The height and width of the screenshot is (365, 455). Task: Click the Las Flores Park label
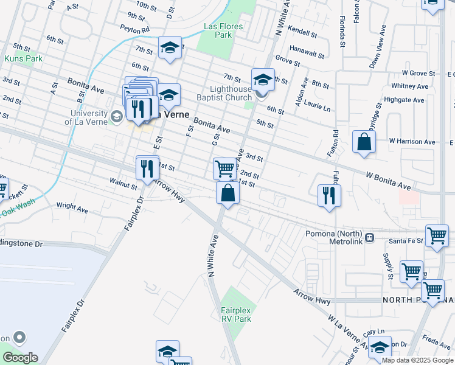pyautogui.click(x=223, y=30)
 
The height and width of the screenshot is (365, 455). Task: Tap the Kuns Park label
pyautogui.click(x=23, y=58)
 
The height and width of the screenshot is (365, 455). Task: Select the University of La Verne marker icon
pyautogui.click(x=116, y=115)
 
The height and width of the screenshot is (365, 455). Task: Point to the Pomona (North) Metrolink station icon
pyautogui.click(x=369, y=235)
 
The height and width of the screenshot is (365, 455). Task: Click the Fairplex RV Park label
pyautogui.click(x=235, y=314)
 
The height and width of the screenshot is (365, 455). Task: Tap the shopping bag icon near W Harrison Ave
pyautogui.click(x=363, y=142)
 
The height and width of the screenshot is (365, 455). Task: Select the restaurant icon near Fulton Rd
pyautogui.click(x=329, y=195)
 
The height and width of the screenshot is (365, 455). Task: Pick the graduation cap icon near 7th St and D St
pyautogui.click(x=170, y=47)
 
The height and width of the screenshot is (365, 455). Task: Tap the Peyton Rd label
pyautogui.click(x=134, y=29)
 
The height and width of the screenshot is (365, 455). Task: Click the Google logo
pyautogui.click(x=20, y=358)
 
